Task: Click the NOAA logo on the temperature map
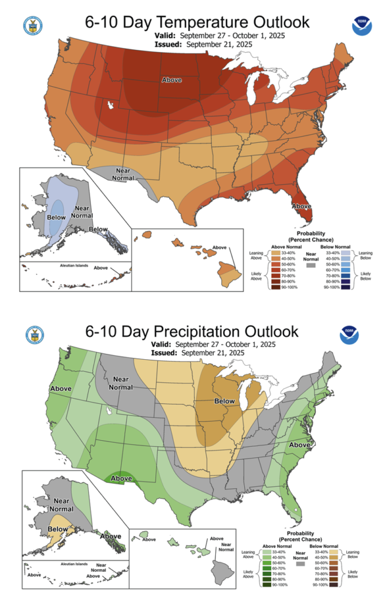360,26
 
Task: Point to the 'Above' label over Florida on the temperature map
302,206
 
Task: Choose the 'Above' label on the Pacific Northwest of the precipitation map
61,388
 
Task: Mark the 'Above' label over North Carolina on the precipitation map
299,445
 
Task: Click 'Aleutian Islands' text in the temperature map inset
74,265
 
